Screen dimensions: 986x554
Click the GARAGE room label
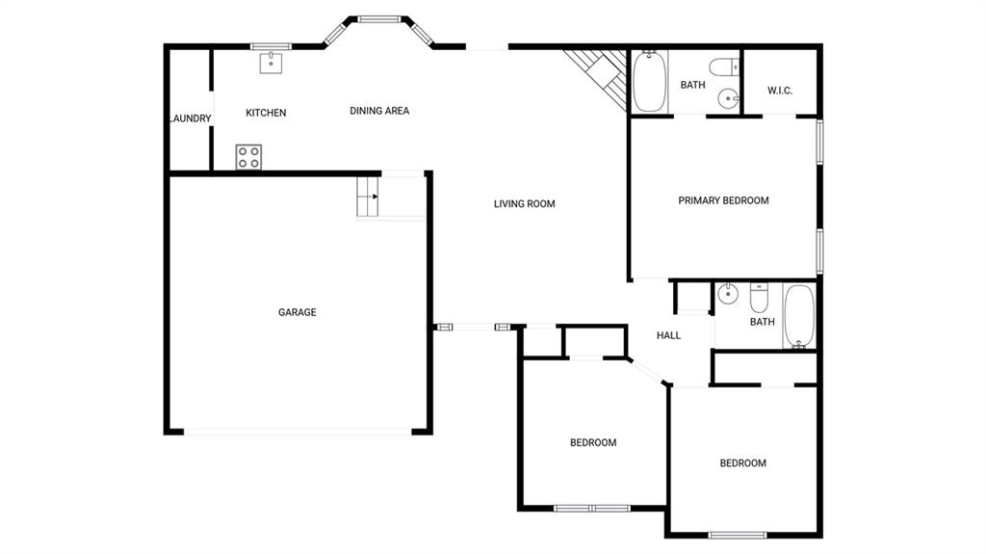[298, 312]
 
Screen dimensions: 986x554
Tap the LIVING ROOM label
[525, 204]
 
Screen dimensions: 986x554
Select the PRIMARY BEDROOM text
[723, 200]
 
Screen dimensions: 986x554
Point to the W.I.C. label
[780, 91]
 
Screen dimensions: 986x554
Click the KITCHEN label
[266, 113]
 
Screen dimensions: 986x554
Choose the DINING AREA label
[379, 111]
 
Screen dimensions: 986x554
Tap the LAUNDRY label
[191, 119]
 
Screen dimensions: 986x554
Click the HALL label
[668, 335]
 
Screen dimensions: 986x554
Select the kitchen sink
[271, 63]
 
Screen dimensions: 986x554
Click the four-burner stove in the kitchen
[248, 157]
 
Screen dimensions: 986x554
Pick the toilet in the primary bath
[724, 66]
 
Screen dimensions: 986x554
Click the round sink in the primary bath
[729, 99]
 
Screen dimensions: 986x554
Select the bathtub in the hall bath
[799, 316]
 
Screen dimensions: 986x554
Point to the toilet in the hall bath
[759, 298]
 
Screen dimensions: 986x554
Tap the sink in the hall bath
[728, 293]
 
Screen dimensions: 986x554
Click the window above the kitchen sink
[271, 46]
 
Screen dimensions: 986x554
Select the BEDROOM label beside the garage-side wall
[593, 443]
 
